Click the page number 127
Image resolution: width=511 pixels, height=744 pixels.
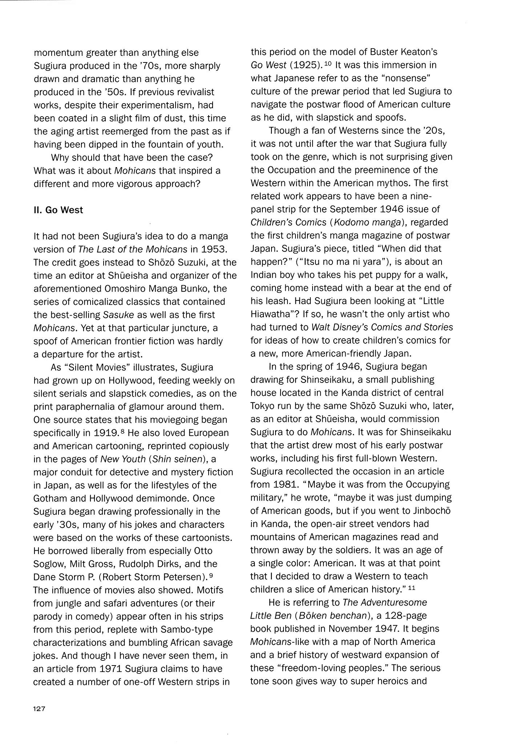(x=39, y=709)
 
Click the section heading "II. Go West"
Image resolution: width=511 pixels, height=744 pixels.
(x=58, y=210)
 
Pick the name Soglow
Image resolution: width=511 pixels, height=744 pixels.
(x=50, y=564)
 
